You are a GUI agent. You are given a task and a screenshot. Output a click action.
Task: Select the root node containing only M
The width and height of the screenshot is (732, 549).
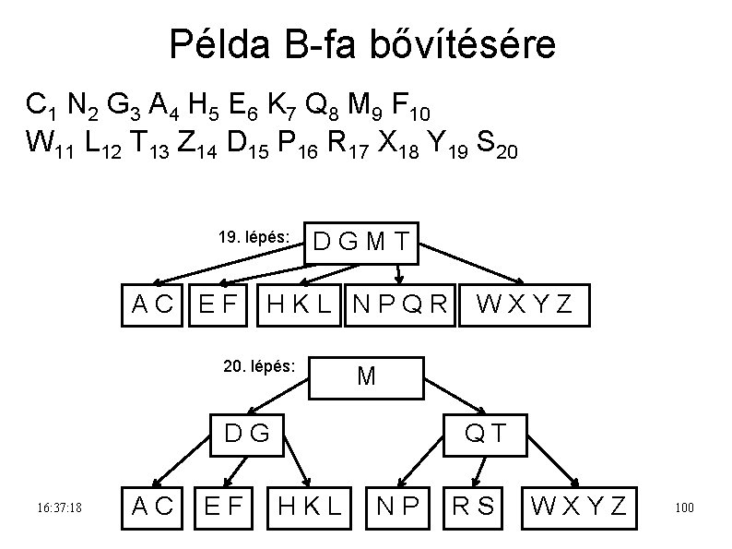[x=366, y=376]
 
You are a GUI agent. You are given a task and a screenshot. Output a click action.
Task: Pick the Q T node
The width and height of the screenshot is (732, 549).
[x=484, y=431]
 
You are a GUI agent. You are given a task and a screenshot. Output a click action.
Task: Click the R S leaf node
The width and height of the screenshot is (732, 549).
[x=473, y=505]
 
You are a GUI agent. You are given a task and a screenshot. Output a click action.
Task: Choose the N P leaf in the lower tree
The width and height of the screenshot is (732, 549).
[x=398, y=505]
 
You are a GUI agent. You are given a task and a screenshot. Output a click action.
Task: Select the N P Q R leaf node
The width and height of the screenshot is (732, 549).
[x=400, y=303]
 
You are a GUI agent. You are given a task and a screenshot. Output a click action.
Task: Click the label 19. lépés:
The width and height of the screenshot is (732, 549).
[x=254, y=237]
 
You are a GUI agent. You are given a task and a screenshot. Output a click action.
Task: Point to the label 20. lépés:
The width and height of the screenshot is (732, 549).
[x=259, y=366]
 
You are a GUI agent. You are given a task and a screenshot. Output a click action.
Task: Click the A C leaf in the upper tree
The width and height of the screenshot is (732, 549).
[x=152, y=303]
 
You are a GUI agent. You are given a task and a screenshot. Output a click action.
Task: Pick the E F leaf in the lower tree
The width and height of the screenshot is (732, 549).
[x=223, y=505]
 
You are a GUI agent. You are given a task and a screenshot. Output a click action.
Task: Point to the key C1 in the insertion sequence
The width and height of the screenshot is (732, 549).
[x=41, y=107]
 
